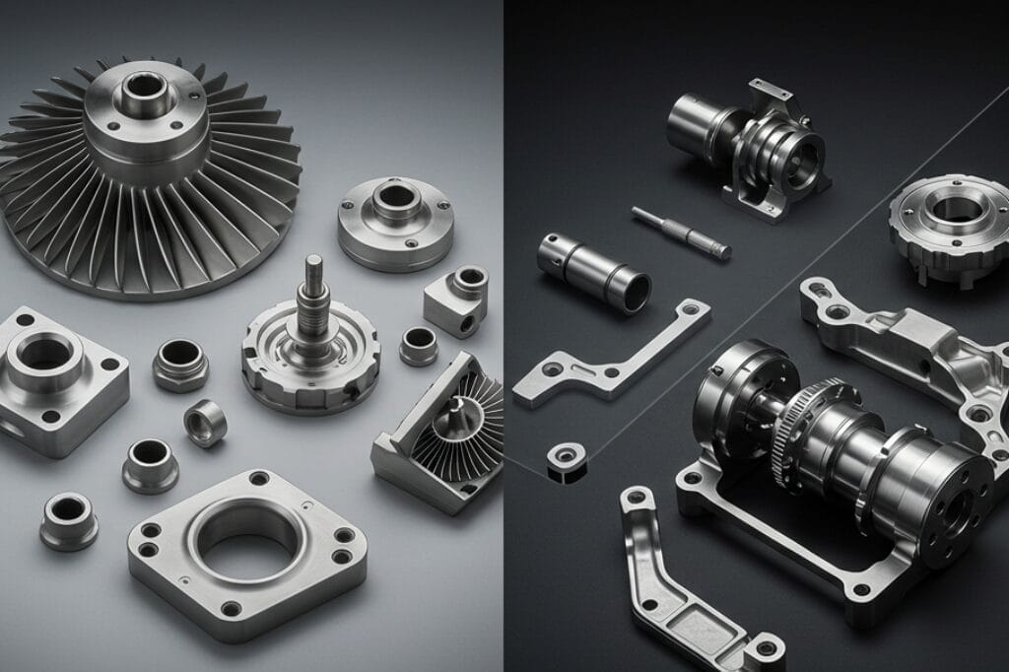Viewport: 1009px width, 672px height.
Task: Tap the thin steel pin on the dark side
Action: (x=680, y=233)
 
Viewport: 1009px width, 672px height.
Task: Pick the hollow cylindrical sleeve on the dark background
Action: (x=594, y=271)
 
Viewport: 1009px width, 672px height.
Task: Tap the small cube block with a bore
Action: (x=457, y=301)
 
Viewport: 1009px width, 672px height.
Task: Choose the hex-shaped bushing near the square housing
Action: (x=179, y=365)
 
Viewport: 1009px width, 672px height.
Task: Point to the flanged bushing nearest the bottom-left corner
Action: (x=68, y=519)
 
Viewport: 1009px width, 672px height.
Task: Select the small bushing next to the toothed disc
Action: (x=418, y=346)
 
